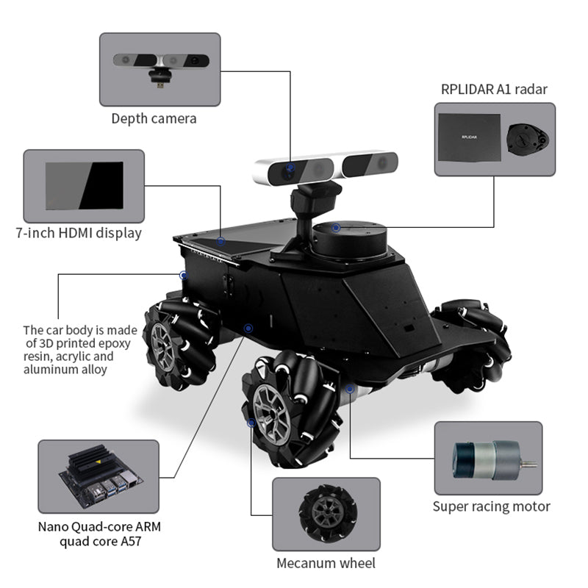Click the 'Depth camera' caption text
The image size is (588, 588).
[154, 118]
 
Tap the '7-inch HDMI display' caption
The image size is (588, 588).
[79, 233]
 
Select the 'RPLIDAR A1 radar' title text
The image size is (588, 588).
[494, 89]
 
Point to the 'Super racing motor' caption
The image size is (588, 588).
[491, 506]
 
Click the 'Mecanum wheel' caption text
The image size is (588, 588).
[326, 563]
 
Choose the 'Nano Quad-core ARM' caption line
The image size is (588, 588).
[99, 526]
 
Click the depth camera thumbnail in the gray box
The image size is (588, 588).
[161, 68]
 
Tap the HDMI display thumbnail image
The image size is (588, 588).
[85, 186]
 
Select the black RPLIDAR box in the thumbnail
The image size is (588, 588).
[470, 137]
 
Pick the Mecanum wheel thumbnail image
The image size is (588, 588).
[328, 513]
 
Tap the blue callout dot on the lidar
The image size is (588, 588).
[336, 227]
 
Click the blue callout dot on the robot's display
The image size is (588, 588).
[220, 241]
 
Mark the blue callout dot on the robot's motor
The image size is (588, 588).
[350, 389]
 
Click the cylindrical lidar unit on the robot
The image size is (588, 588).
[350, 241]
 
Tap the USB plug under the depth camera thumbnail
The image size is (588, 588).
[160, 85]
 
